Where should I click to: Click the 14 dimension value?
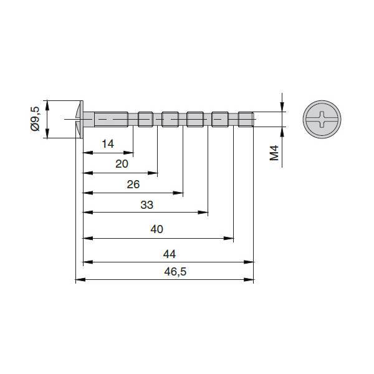108,144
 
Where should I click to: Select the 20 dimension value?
122,164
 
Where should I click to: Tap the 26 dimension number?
133,185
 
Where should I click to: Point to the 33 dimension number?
147,205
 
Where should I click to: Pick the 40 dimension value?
157,229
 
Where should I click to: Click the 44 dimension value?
170,254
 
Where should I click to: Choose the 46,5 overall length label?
175,272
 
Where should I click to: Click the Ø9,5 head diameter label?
36,119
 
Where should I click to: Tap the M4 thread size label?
274,153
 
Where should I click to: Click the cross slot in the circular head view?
322,119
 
